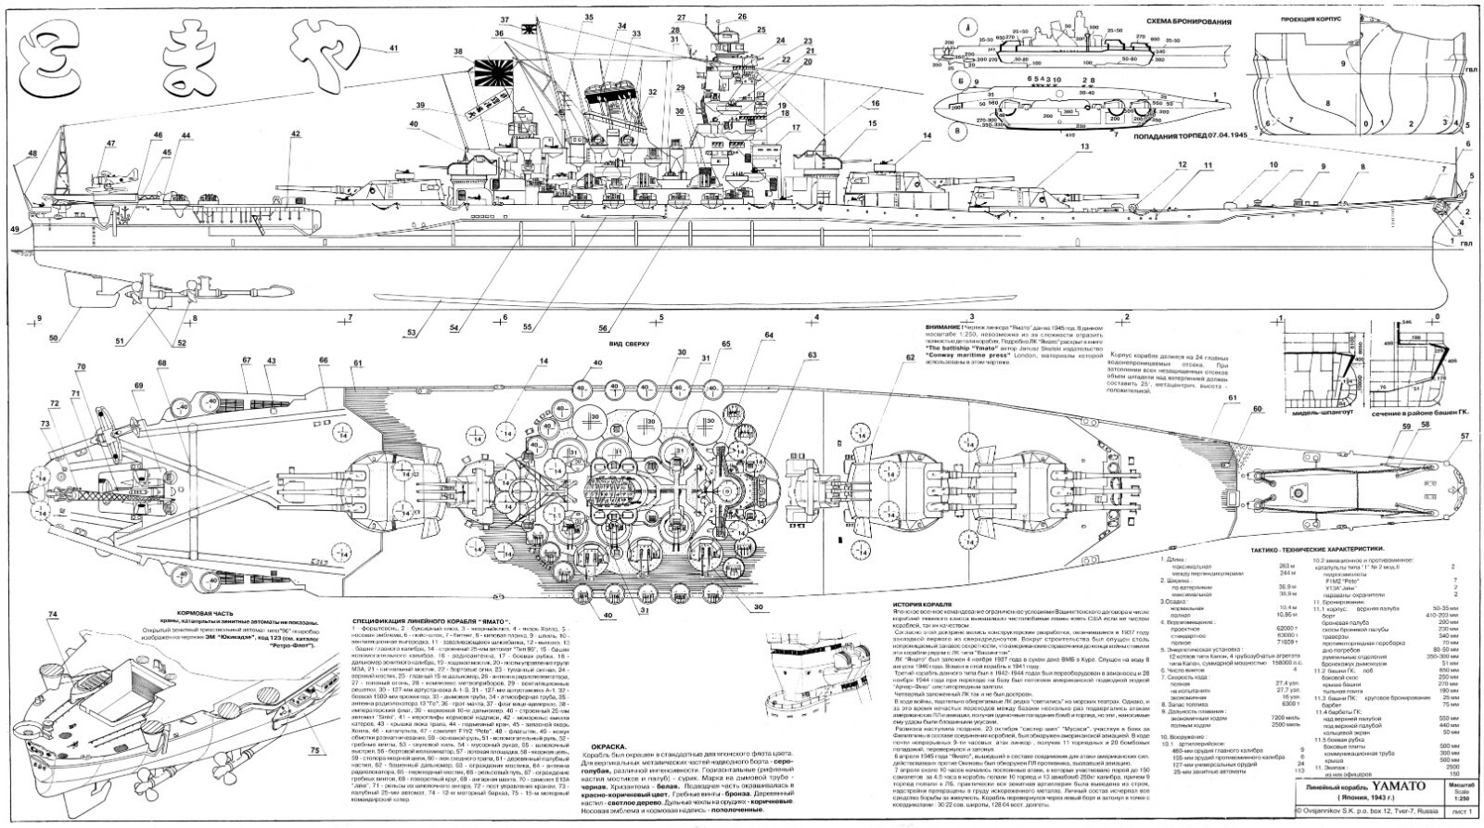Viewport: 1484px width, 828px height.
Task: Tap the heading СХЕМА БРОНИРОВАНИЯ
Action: click(1125, 19)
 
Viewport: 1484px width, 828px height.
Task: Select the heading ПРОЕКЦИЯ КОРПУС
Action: click(1318, 18)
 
